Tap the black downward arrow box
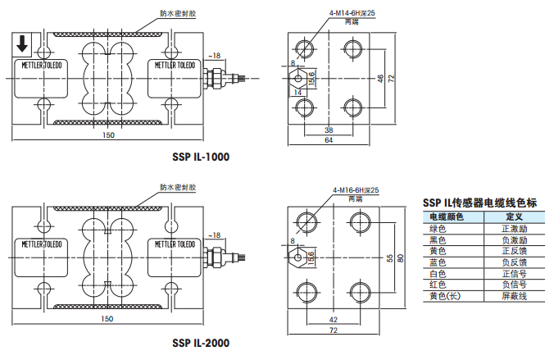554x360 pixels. click(22, 43)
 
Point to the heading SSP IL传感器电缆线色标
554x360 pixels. click(479, 203)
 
